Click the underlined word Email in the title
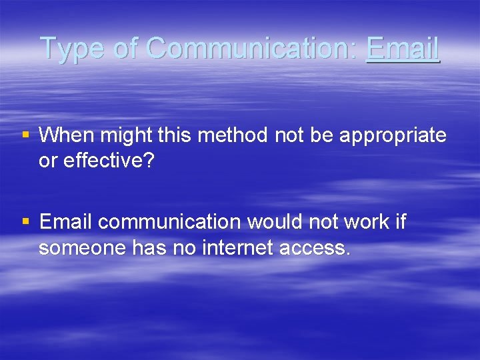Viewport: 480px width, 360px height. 403,49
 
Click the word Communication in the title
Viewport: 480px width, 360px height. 251,49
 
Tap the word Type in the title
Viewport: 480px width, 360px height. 73,49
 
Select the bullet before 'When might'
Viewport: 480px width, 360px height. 26,135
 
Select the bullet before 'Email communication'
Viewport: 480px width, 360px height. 26,221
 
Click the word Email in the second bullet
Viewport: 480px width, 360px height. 65,221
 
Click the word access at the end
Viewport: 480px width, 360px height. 314,248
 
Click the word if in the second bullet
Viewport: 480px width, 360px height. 400,221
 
